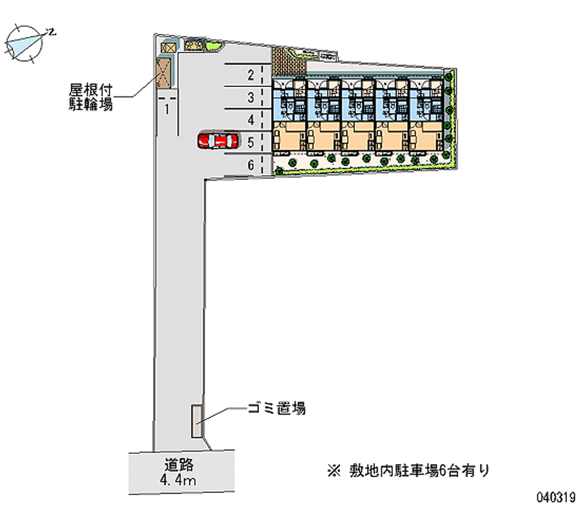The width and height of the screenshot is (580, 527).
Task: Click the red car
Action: (217, 140)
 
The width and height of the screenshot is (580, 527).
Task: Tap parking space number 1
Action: (167, 109)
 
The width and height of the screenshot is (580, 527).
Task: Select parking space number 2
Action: (250, 74)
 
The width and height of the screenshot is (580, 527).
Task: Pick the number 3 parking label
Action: (250, 97)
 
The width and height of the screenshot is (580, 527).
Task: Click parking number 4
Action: (250, 119)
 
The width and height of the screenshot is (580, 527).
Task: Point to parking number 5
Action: (250, 142)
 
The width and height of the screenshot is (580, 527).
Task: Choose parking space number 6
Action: (250, 165)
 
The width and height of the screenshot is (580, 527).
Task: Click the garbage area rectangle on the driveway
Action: (196, 420)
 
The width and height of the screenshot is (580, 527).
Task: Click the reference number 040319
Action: (555, 498)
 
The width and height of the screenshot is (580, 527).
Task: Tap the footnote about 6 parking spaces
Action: (409, 470)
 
